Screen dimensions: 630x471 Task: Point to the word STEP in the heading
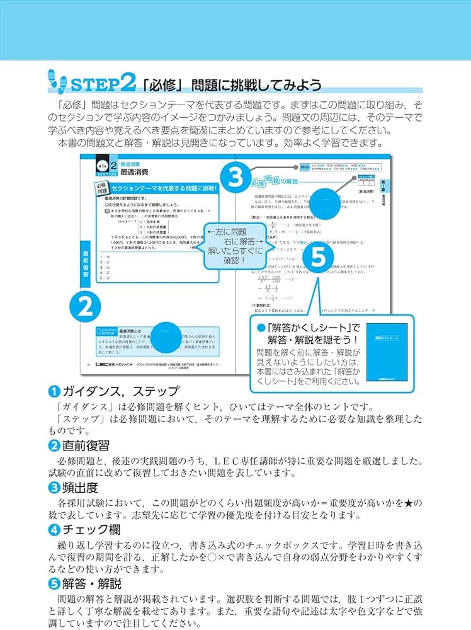coord(93,83)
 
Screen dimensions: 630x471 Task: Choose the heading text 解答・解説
coord(91,583)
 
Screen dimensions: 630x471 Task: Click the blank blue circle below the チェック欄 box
coord(331,202)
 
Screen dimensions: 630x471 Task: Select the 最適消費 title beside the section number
coord(135,171)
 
